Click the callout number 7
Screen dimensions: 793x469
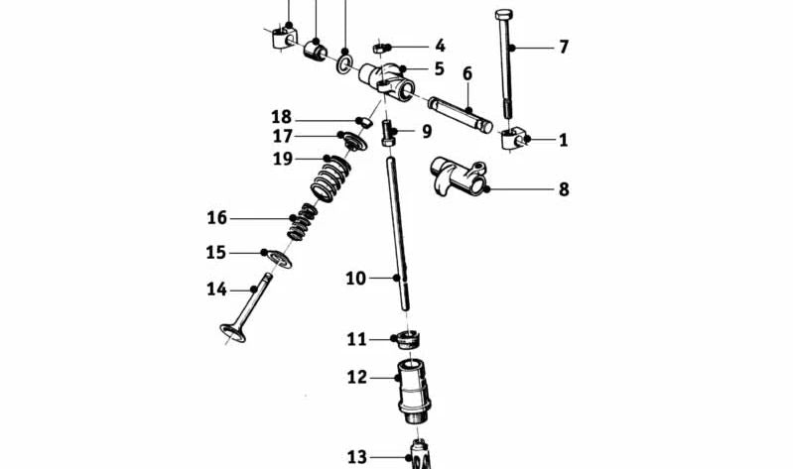point(564,47)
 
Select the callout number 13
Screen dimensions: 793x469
point(356,457)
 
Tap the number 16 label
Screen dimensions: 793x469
point(217,218)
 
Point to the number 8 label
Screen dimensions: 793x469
point(564,189)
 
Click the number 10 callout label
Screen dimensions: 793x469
point(355,278)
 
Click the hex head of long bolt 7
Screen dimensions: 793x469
point(504,14)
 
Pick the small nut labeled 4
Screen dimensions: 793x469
point(380,49)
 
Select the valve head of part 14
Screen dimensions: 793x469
point(232,332)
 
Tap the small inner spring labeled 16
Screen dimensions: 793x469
point(302,221)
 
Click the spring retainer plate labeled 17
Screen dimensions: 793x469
point(353,141)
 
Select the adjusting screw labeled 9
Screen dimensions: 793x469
point(387,133)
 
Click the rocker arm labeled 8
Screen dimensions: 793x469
point(459,177)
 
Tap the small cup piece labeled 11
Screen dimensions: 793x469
point(408,340)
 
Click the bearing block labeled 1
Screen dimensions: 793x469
point(512,139)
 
